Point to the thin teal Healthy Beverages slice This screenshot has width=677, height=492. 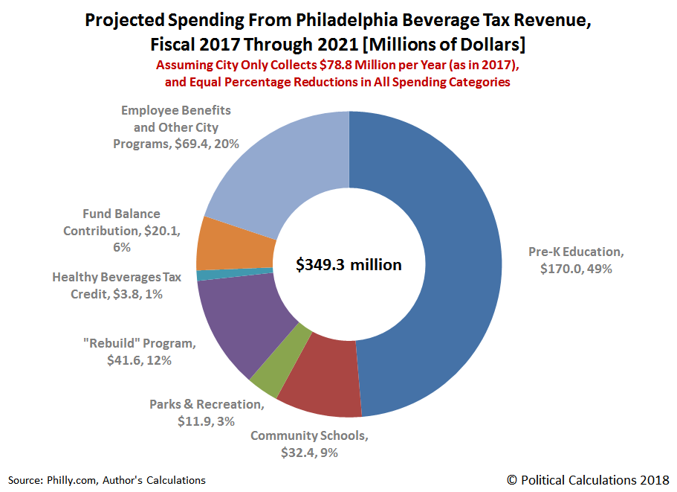tap(201, 275)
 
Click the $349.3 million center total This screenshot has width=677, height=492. tap(349, 264)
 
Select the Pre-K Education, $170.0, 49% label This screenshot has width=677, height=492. tap(575, 260)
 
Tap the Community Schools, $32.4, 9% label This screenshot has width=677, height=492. tap(309, 444)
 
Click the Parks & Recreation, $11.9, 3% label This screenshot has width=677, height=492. tap(206, 412)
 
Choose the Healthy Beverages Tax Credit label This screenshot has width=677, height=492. tap(117, 285)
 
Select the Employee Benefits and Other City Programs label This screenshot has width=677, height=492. tap(176, 127)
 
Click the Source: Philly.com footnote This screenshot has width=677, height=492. tap(107, 480)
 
